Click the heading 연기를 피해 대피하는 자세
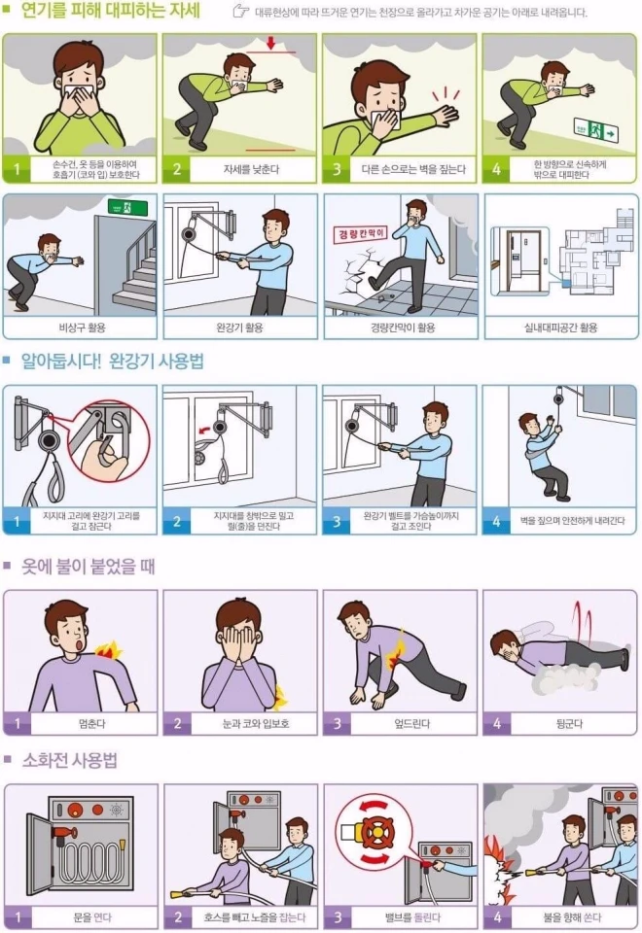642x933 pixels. point(110,11)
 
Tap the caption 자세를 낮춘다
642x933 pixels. point(251,169)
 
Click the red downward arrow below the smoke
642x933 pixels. point(271,44)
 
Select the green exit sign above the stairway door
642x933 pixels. point(127,208)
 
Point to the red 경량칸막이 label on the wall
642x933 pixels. point(360,233)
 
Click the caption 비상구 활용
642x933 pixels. point(82,328)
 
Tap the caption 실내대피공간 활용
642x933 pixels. point(560,328)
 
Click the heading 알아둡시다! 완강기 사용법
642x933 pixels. point(113,362)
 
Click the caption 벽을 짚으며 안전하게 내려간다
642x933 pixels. point(572,521)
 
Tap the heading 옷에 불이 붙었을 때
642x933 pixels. point(89,566)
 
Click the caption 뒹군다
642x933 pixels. point(569,724)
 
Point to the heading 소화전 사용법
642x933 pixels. point(69,760)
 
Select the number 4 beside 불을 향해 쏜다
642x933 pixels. point(497,916)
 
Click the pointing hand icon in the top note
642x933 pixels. point(240,12)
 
